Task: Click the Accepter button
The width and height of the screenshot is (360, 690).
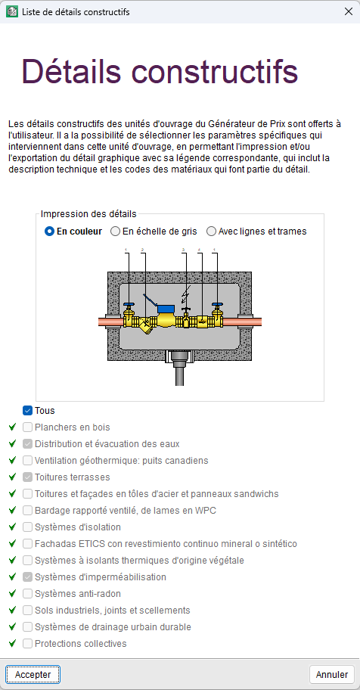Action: point(33,674)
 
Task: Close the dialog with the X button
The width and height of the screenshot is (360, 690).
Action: point(348,12)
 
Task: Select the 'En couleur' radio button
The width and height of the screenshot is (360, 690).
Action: point(49,231)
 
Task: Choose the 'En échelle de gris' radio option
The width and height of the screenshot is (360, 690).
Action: point(115,231)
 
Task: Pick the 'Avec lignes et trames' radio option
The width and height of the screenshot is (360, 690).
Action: point(211,231)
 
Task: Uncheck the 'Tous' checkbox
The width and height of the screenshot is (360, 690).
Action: point(28,411)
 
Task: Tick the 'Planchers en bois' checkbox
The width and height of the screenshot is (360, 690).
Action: point(28,427)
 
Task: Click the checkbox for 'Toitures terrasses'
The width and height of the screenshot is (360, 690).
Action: point(28,477)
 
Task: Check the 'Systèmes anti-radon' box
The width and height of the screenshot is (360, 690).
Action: point(28,594)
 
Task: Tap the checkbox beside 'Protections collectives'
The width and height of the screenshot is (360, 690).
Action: point(28,643)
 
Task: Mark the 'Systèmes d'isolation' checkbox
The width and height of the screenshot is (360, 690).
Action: point(28,527)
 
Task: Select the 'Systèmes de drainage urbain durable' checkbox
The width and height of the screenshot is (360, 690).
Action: point(28,626)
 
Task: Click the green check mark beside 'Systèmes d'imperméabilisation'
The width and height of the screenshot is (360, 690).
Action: point(12,577)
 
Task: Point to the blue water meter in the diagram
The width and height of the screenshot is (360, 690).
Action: point(166,309)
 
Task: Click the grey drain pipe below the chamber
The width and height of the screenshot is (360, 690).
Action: point(179,374)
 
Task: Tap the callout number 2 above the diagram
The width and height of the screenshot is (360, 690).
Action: point(143,250)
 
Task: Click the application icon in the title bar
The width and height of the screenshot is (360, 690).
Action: point(12,12)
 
